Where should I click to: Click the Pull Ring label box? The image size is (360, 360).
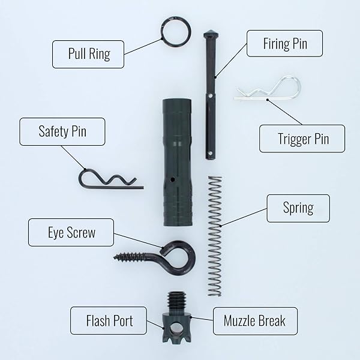pos(88,54)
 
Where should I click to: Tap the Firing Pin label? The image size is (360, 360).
pos(284,43)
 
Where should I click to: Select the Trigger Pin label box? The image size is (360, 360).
pos(302,139)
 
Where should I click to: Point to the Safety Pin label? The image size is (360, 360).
pos(62,131)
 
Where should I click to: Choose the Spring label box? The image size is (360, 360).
pos(298,208)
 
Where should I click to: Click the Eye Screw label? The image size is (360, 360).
pos(71,232)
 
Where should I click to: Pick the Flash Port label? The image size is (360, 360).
pos(109,320)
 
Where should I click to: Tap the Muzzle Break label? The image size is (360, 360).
pos(256,321)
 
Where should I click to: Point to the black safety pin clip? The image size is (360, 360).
pos(110,187)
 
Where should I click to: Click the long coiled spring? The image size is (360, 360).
pos(215,236)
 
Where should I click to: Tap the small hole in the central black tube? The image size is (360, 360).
pos(173,180)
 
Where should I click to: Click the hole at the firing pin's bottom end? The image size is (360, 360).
pos(209,152)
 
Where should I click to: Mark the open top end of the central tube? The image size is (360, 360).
pos(177,100)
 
